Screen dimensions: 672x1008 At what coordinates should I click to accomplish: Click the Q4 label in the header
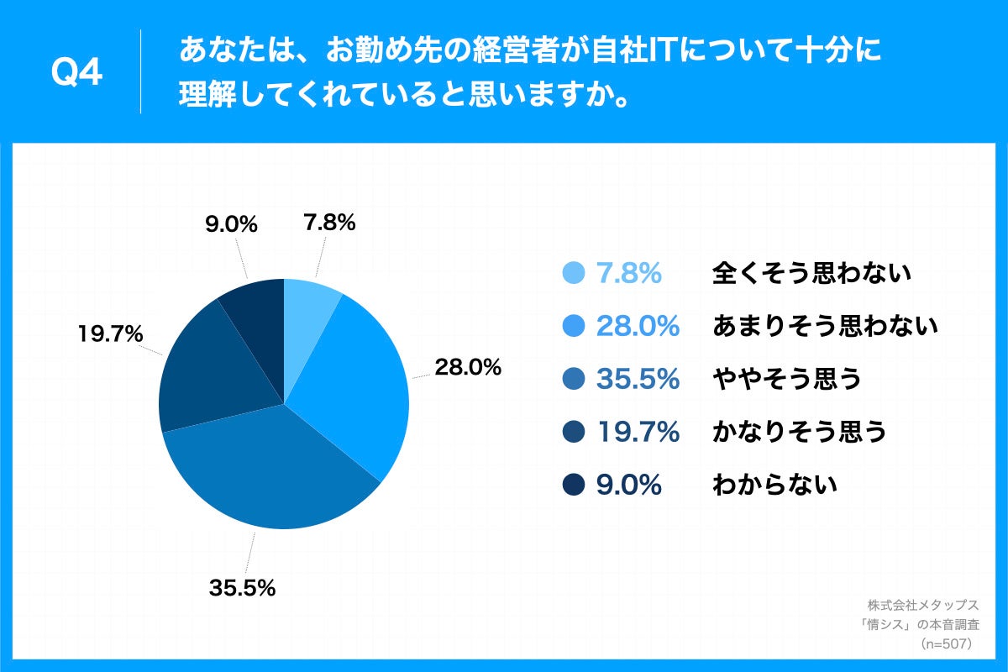[76, 73]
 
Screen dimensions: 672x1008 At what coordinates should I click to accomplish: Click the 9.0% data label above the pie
[231, 224]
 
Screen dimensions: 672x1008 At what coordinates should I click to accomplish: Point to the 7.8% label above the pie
[328, 223]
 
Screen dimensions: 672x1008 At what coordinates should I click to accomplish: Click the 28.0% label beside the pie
[468, 367]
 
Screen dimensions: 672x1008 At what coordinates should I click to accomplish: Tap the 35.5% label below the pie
[243, 588]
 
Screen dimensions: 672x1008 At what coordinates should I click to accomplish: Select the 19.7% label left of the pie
[109, 334]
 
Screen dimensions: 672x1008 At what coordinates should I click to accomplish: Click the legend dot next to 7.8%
[573, 273]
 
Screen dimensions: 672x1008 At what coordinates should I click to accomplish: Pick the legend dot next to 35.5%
[573, 379]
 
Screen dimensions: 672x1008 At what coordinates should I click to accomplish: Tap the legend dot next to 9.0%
[573, 485]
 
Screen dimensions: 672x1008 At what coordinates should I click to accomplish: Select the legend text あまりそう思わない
[824, 326]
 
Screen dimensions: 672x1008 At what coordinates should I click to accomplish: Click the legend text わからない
[774, 485]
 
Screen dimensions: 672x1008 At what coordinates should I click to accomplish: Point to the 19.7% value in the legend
[638, 432]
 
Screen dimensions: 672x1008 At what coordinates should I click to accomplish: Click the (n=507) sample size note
[946, 644]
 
